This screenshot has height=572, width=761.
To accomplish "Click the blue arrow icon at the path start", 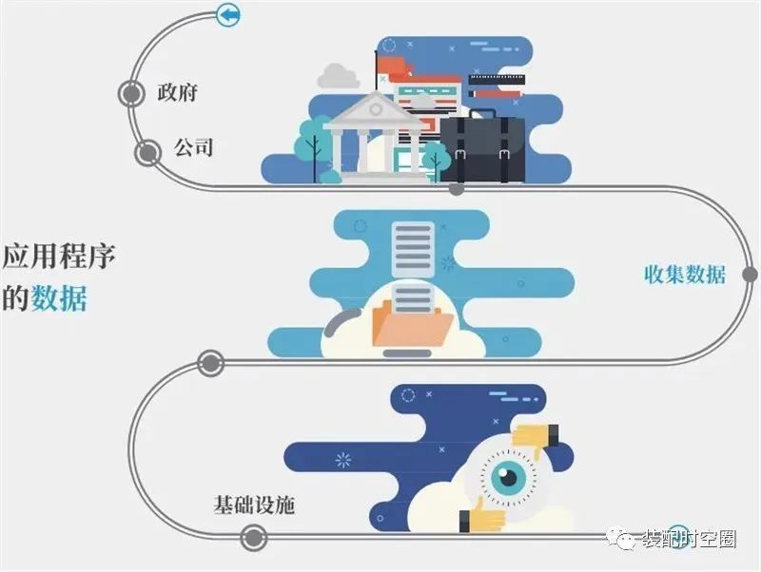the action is pyautogui.click(x=228, y=14).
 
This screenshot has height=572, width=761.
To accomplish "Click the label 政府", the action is pyautogui.click(x=177, y=91).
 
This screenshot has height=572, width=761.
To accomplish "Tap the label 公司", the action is pyautogui.click(x=194, y=147).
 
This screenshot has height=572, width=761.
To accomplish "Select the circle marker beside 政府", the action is pyautogui.click(x=131, y=93).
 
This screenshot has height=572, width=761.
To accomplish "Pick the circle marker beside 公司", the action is pyautogui.click(x=147, y=153).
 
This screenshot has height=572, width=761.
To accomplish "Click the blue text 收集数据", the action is pyautogui.click(x=685, y=275).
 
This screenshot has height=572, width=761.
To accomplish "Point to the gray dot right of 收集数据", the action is pyautogui.click(x=751, y=275).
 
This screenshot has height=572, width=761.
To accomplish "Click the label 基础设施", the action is pyautogui.click(x=254, y=505).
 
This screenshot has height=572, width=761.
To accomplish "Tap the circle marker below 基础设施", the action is pyautogui.click(x=253, y=538).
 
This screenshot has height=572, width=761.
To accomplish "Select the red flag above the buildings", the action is pyautogui.click(x=391, y=66).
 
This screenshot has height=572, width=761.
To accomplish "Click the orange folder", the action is pyautogui.click(x=413, y=323).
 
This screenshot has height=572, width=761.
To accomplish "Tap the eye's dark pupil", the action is pyautogui.click(x=509, y=476).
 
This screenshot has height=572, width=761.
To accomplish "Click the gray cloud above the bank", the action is pyautogui.click(x=339, y=76).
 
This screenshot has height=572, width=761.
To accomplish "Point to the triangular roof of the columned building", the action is pyautogui.click(x=375, y=108).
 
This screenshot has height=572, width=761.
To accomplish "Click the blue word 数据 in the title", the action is pyautogui.click(x=59, y=297).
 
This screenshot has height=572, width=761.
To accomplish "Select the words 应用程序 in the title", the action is pyautogui.click(x=59, y=256).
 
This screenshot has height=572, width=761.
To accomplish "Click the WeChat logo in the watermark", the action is pyautogui.click(x=621, y=538).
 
